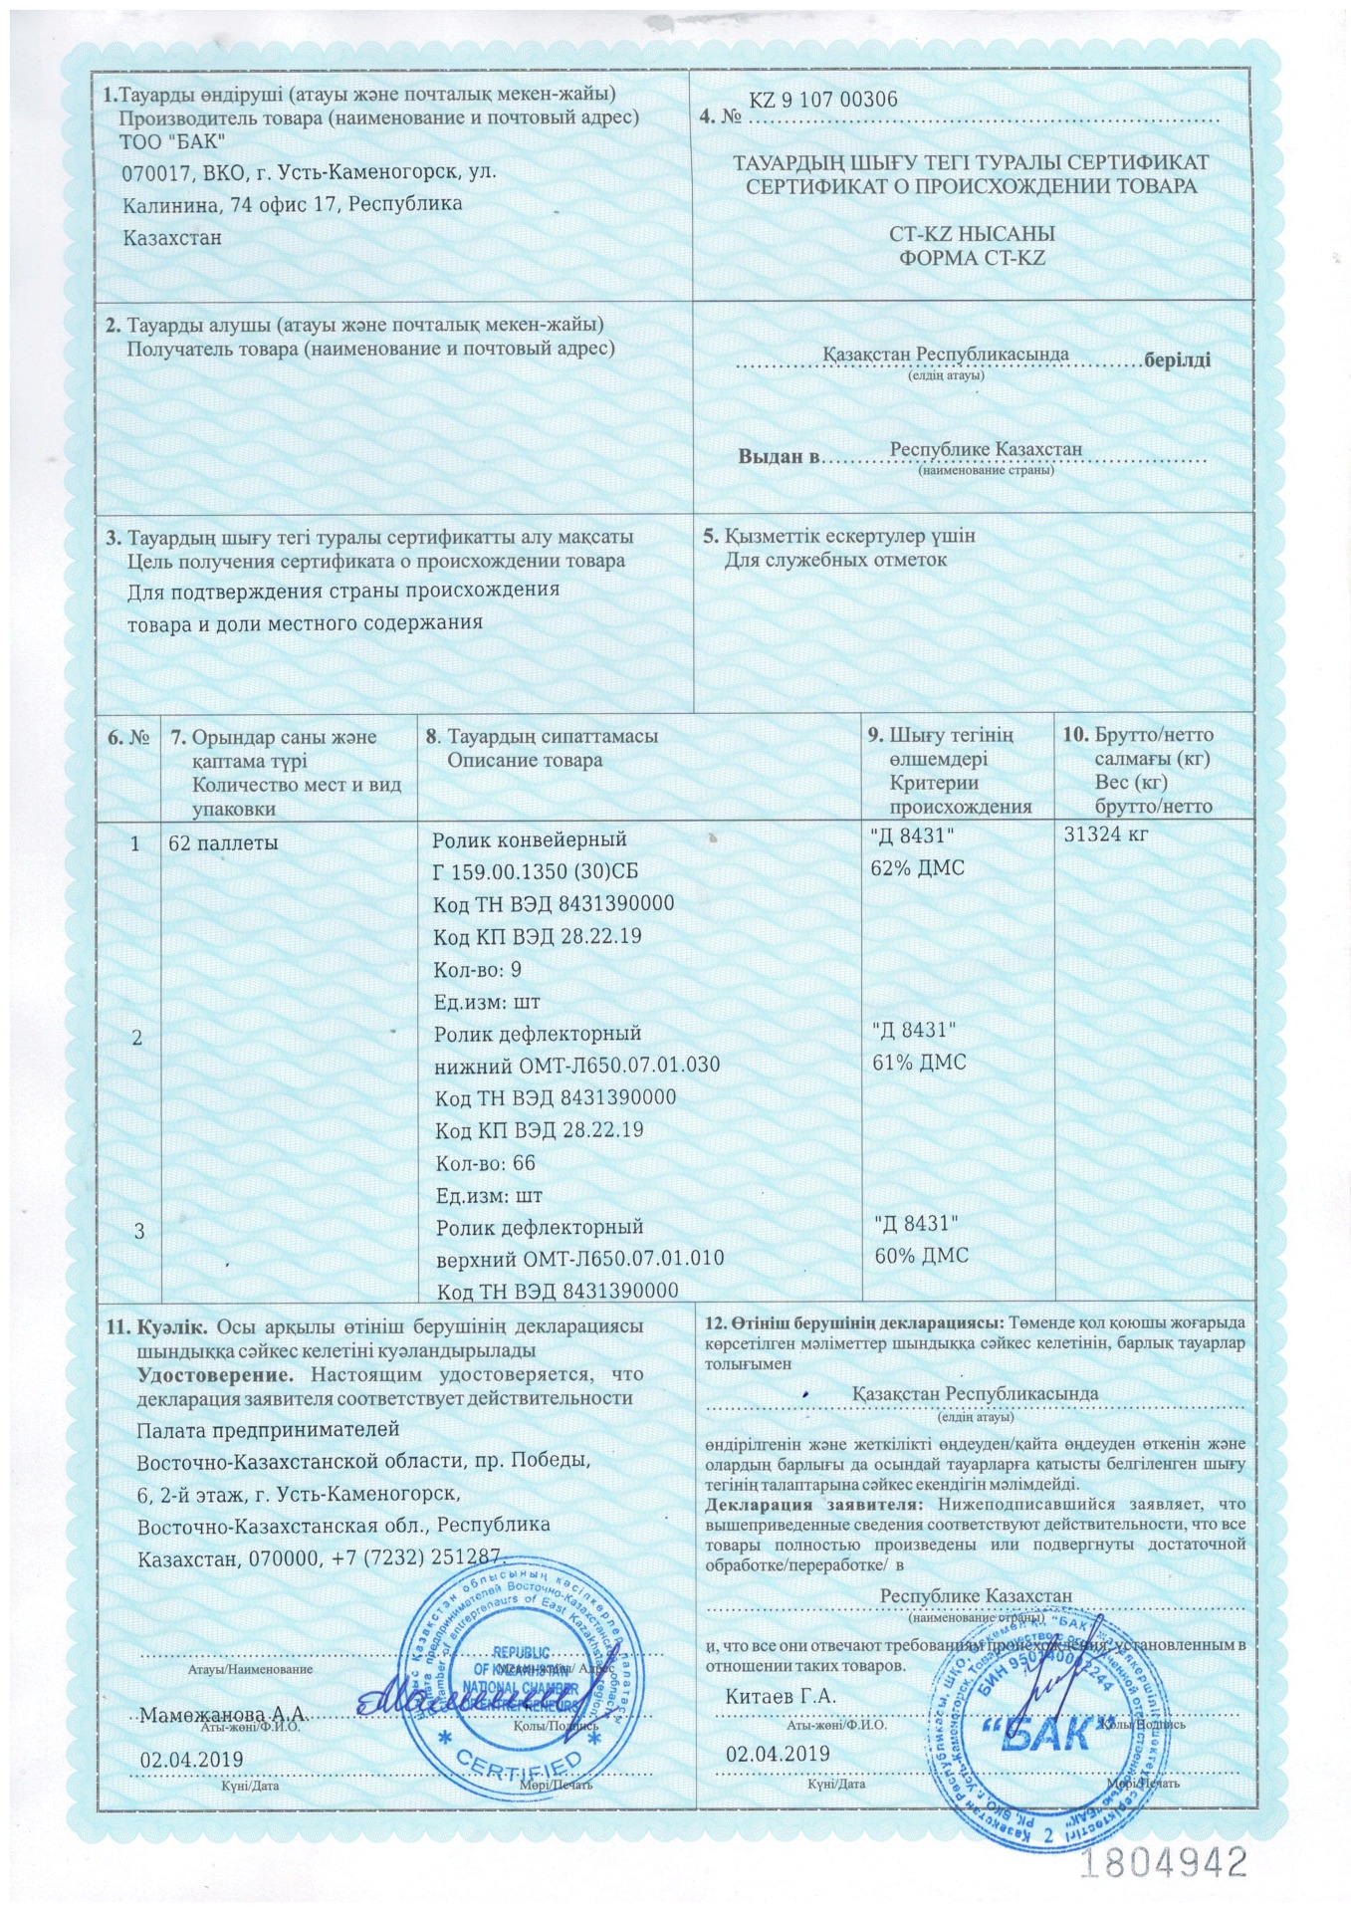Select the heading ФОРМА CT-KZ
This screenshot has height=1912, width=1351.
(x=973, y=257)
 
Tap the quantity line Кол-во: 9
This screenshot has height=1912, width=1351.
(x=478, y=969)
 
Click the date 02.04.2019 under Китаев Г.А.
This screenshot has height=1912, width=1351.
(x=778, y=1754)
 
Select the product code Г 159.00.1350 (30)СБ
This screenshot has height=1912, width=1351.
(x=536, y=871)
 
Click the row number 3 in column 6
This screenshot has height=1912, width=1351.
(x=139, y=1231)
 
